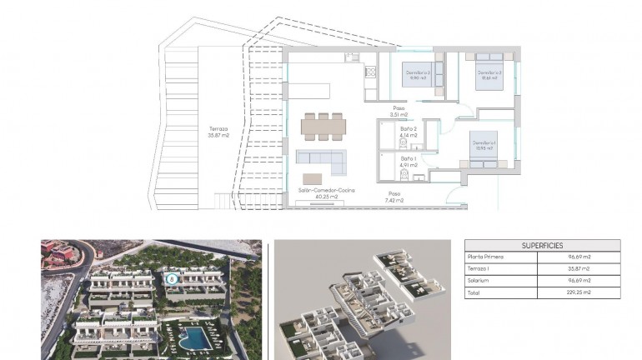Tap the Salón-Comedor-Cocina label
pyautogui.click(x=326, y=194)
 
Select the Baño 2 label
pyautogui.click(x=408, y=132)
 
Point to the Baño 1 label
pyautogui.click(x=408, y=162)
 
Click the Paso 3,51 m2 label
pyautogui.click(x=401, y=112)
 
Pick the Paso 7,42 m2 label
pyautogui.click(x=394, y=197)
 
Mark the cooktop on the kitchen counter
pyautogui.click(x=369, y=72)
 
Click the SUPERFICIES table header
pyautogui.click(x=542, y=246)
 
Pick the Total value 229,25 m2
pyautogui.click(x=579, y=293)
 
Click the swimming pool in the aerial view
pyautogui.click(x=194, y=337)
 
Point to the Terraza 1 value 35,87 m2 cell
pyautogui.click(x=579, y=269)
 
